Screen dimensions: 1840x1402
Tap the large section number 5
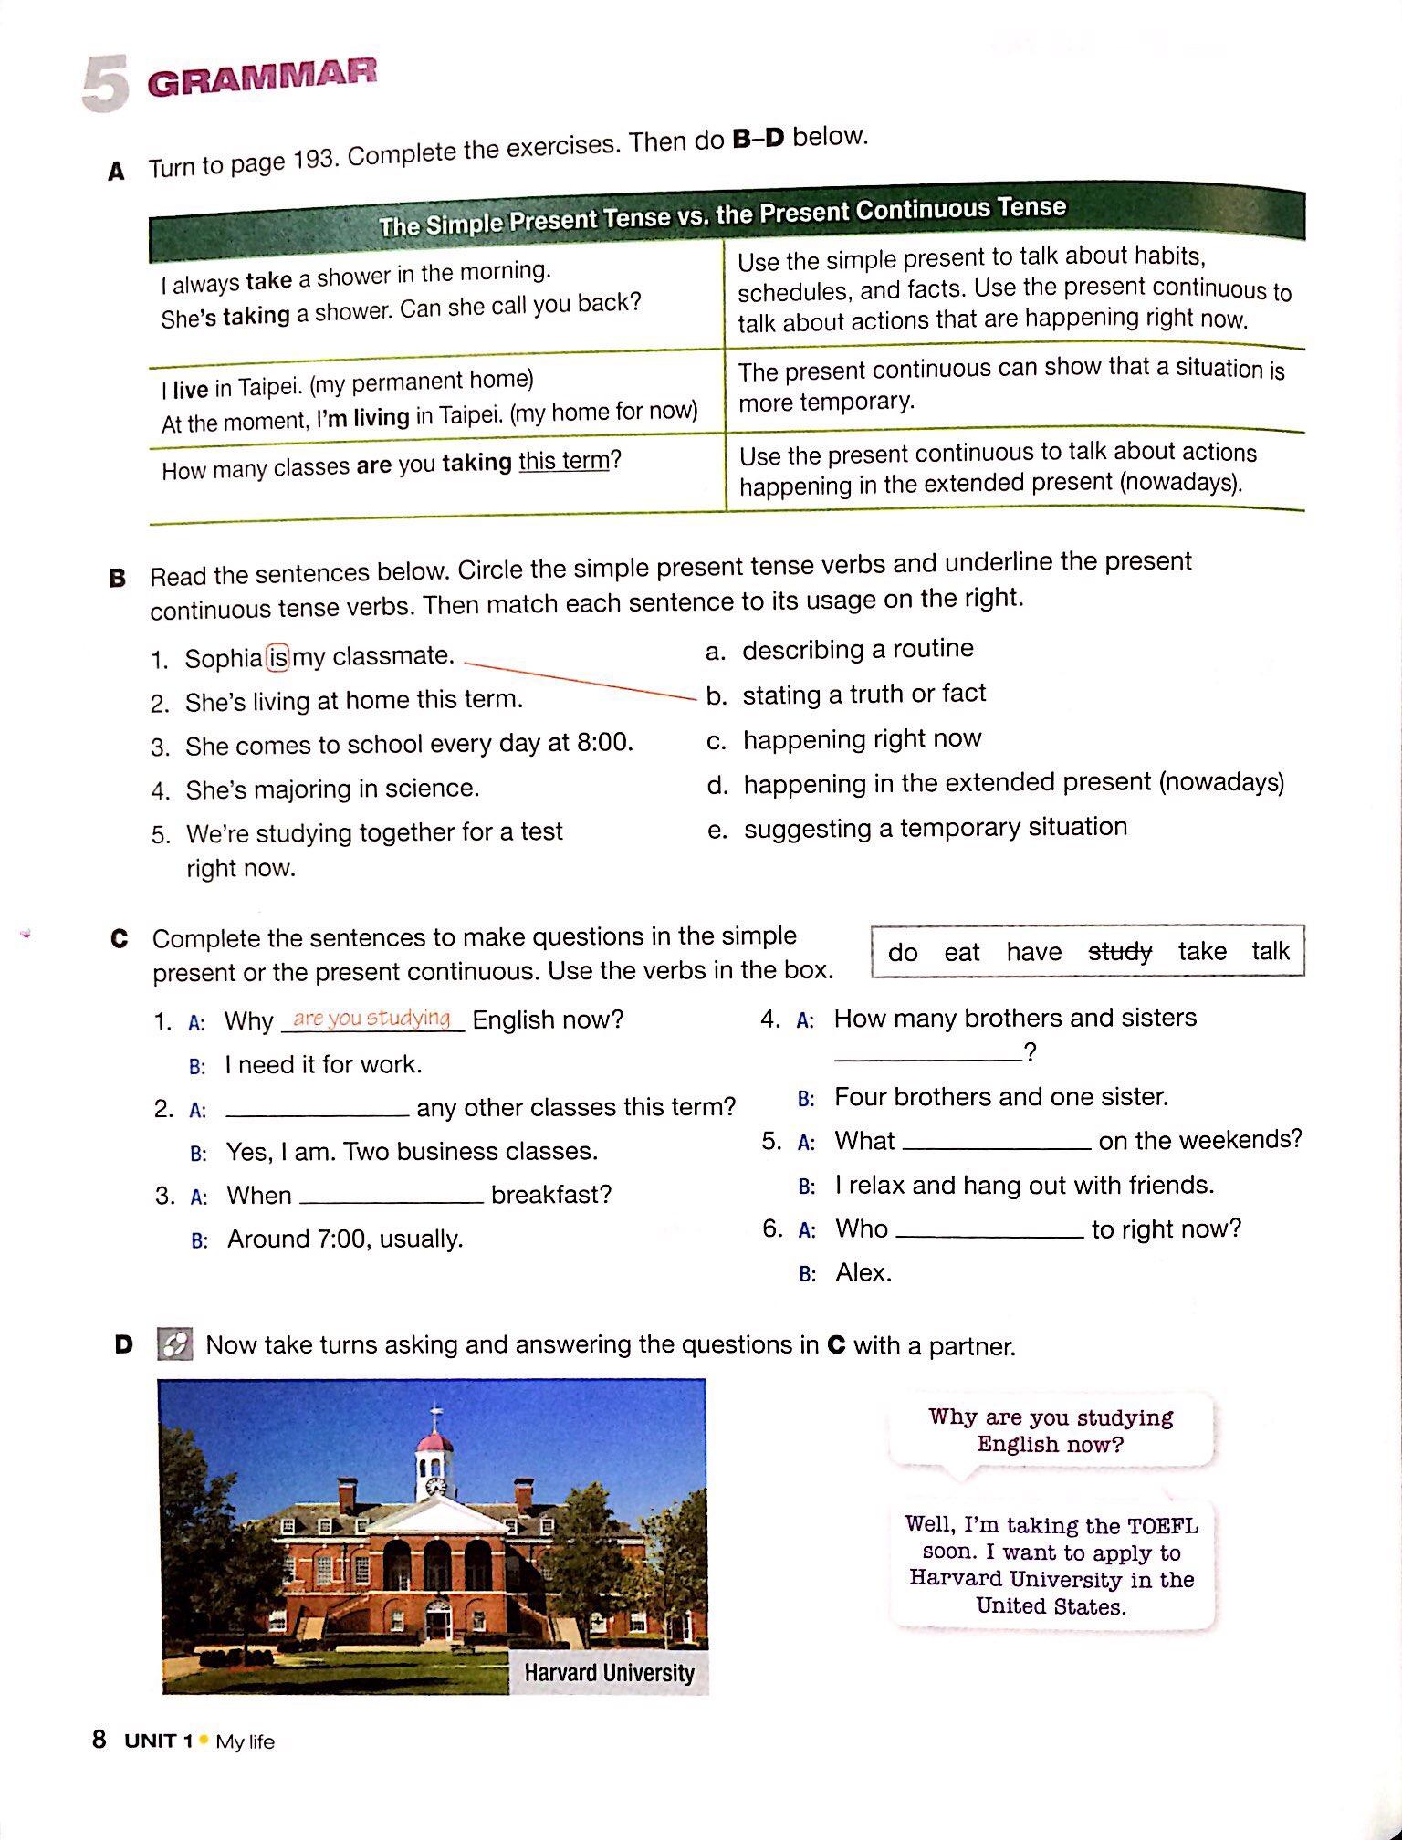click(x=106, y=85)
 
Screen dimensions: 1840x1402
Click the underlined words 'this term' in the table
click(x=563, y=461)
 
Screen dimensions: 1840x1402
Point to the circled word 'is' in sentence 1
click(x=277, y=657)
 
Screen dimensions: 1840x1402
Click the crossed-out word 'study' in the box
click(x=1120, y=952)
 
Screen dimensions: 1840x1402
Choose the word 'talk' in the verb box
click(x=1270, y=951)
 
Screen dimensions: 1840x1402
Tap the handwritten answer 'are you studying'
click(x=371, y=1018)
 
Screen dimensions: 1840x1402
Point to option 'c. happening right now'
click(x=844, y=738)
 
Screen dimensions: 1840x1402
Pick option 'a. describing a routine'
click(x=840, y=649)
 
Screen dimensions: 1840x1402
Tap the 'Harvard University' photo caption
click(x=609, y=1672)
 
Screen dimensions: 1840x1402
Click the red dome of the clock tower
click(x=434, y=1441)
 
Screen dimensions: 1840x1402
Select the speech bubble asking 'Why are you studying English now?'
click(x=1050, y=1430)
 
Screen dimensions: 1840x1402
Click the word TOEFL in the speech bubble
click(x=1162, y=1526)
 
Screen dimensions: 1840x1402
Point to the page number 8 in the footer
click(x=99, y=1739)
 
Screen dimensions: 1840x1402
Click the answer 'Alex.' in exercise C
click(x=863, y=1272)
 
